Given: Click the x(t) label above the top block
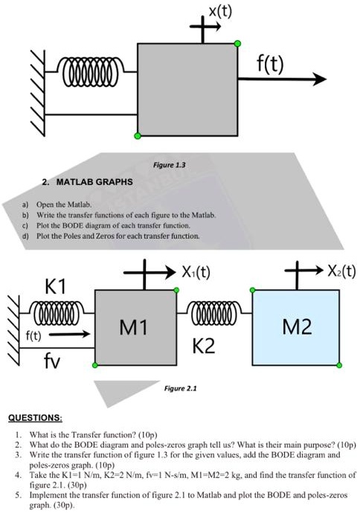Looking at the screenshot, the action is pos(220,12).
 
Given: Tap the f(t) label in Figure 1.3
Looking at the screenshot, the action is pos(270,64).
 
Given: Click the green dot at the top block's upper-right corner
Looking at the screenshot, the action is pos(237,43).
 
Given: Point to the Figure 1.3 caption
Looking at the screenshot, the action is pos(169,164).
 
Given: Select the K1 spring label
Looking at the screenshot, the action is pos(55,286).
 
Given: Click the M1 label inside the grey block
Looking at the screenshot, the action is pos(133,327).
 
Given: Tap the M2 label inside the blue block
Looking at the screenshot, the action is pos(298,326).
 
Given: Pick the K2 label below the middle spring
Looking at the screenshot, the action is pos(204,346).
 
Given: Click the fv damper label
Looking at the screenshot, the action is pos(52,361).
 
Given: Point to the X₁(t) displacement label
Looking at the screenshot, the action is pos(196,271).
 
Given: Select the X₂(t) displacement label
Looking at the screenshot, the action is pos(341,271).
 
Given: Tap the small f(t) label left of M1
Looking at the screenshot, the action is pos(33,335).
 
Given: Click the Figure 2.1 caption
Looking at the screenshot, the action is pos(180,388).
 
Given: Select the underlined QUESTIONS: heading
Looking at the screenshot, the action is pos(35,418).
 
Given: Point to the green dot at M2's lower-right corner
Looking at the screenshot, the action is pos(339,365).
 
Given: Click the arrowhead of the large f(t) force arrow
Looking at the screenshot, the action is pos(319,79).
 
